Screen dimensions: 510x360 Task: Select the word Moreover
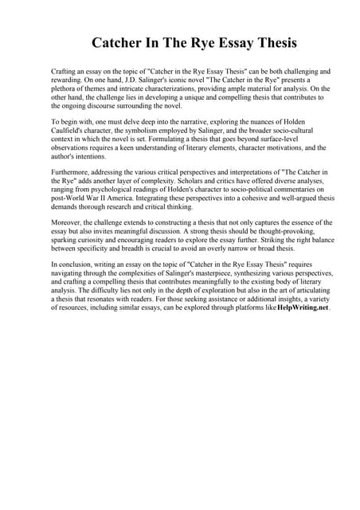point(68,222)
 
